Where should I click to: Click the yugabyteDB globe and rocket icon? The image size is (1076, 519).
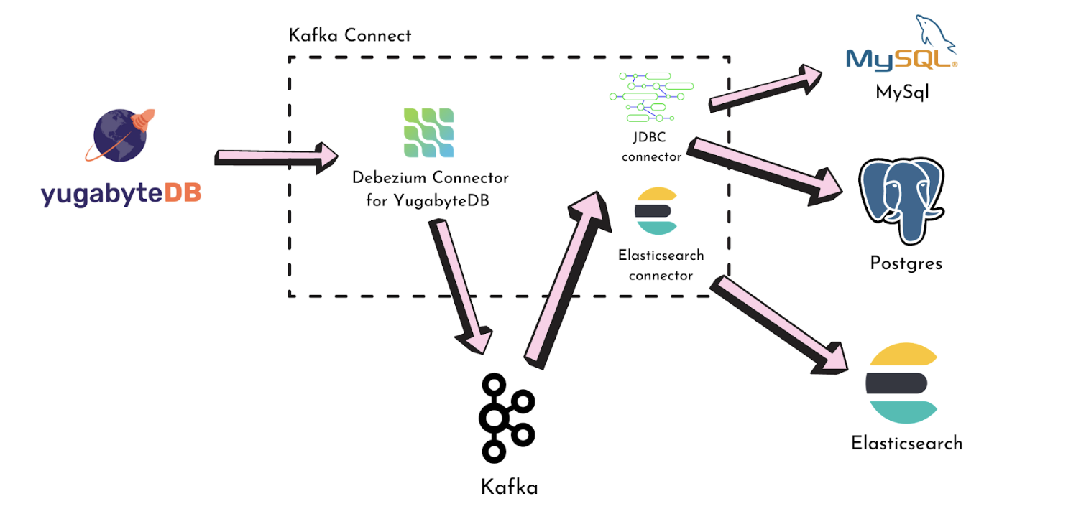point(121,137)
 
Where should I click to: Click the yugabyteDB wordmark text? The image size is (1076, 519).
point(121,193)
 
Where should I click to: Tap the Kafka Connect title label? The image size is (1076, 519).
point(349,35)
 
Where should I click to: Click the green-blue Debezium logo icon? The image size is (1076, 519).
point(428,133)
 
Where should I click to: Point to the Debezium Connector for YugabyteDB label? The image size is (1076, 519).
point(430,189)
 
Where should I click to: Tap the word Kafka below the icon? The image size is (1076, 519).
point(509,487)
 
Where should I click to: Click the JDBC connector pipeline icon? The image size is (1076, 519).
point(651,96)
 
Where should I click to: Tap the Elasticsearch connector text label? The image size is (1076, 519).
point(661,265)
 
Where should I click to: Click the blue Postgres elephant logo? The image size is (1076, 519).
point(902,201)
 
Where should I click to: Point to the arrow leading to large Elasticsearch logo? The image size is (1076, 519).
point(780,323)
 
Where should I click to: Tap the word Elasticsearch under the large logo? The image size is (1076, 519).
point(906,442)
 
